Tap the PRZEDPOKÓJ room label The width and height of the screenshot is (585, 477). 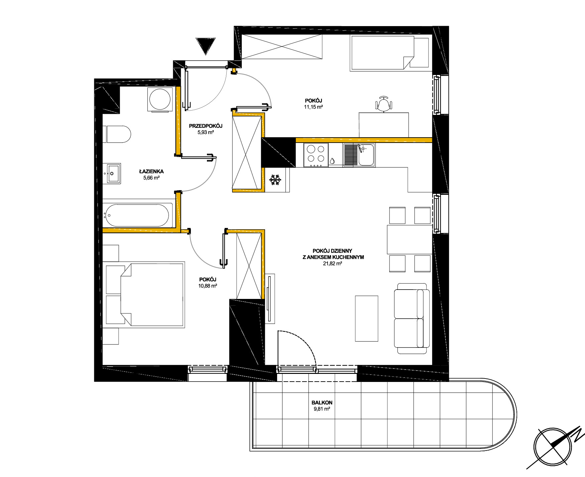point(206,126)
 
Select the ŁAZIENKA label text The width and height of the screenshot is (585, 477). point(151,171)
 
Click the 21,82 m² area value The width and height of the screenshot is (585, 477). point(332,263)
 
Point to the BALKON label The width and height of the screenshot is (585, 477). point(322,403)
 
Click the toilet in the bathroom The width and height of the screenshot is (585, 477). point(117,134)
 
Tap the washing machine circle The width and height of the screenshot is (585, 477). point(160,99)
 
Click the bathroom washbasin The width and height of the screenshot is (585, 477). point(114,174)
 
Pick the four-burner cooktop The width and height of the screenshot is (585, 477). point(316,155)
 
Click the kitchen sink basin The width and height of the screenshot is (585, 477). point(366,155)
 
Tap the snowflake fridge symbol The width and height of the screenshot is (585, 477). point(275,180)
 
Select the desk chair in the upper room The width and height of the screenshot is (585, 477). point(383,103)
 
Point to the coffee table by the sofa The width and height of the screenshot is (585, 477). point(366,318)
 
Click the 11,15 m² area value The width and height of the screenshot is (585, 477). point(313,107)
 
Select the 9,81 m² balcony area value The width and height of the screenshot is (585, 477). point(322,409)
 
